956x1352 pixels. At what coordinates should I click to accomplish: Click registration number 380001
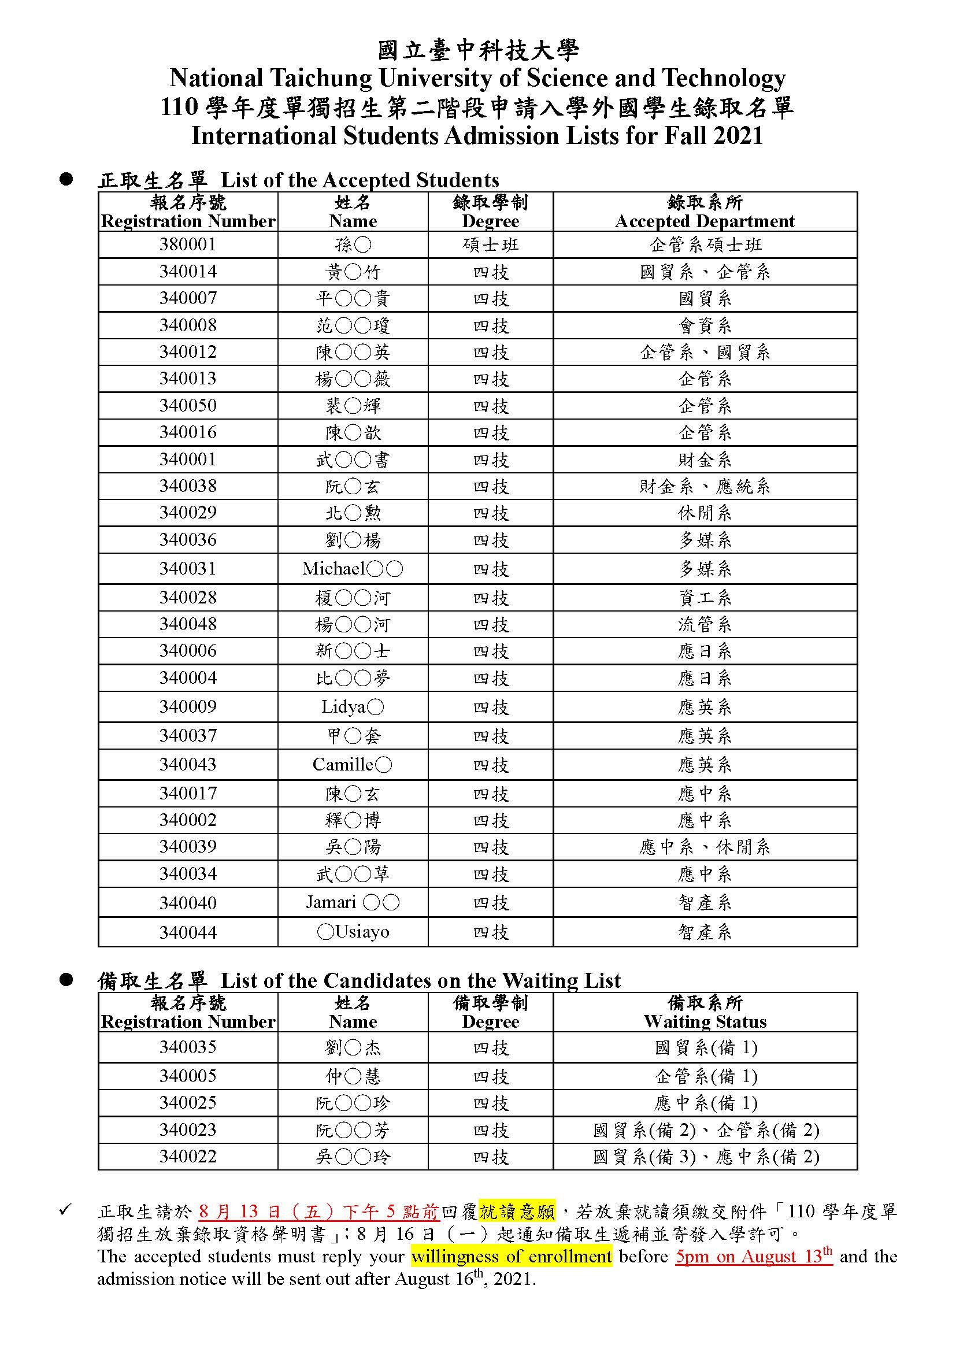tap(188, 245)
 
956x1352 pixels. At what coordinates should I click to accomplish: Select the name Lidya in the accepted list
tap(353, 706)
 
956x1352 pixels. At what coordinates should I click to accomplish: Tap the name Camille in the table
tap(352, 764)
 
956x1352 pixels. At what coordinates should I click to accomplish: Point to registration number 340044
tap(188, 932)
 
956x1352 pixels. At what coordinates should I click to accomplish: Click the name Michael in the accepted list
tap(353, 568)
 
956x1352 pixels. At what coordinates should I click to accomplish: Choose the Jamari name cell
tap(353, 902)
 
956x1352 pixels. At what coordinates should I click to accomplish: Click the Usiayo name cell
tap(353, 932)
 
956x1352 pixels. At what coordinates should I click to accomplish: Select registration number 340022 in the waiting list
tap(188, 1156)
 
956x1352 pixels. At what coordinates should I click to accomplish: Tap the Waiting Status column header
tap(705, 1021)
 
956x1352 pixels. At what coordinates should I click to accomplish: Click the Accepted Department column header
tap(705, 221)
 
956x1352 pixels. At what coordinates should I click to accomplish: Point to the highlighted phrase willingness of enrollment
tap(512, 1256)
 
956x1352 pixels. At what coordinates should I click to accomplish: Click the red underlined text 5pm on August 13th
tap(754, 1256)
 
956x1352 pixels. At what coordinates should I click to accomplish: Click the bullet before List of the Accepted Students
tap(66, 180)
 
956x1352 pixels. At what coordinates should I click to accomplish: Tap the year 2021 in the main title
tap(738, 136)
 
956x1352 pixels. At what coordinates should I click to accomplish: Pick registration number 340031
tap(188, 568)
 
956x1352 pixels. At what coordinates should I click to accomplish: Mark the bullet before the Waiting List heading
tap(66, 980)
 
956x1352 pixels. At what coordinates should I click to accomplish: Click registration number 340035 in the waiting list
tap(188, 1047)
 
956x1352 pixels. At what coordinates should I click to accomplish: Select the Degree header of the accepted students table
tap(490, 221)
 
